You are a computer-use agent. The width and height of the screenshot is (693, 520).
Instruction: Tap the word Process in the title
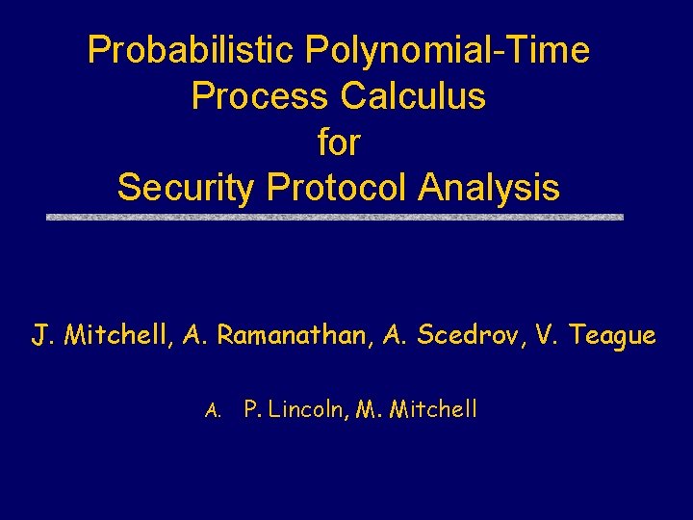click(259, 96)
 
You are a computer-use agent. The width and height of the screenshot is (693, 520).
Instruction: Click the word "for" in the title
click(339, 143)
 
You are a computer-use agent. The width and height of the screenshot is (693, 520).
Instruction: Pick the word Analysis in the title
click(489, 188)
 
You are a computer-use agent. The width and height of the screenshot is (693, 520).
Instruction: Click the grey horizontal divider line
click(335, 218)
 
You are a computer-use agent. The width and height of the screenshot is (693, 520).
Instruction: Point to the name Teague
click(612, 336)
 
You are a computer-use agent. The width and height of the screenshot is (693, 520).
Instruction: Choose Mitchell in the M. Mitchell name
click(433, 410)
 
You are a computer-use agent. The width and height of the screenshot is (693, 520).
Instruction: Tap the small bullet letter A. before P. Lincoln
click(214, 411)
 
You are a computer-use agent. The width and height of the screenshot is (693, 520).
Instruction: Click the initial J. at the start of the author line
click(41, 336)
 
